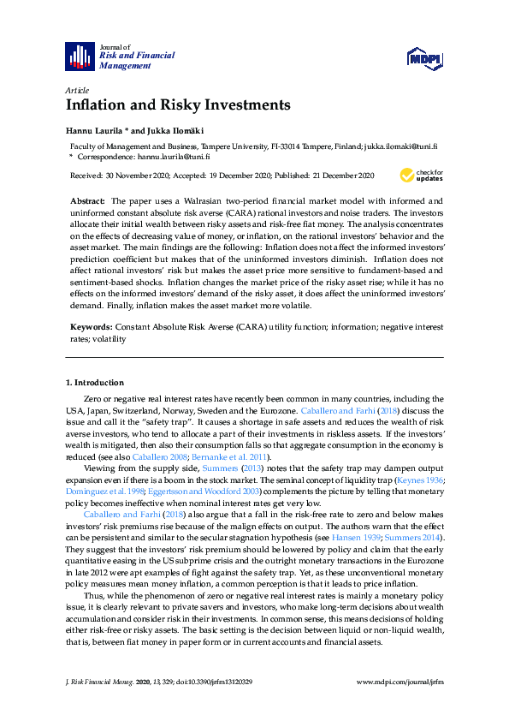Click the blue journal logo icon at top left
(x=80, y=57)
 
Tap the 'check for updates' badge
(x=422, y=176)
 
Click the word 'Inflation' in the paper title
(x=98, y=105)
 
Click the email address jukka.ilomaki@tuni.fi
(x=400, y=147)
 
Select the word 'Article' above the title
(x=78, y=89)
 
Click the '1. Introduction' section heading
(x=95, y=382)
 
